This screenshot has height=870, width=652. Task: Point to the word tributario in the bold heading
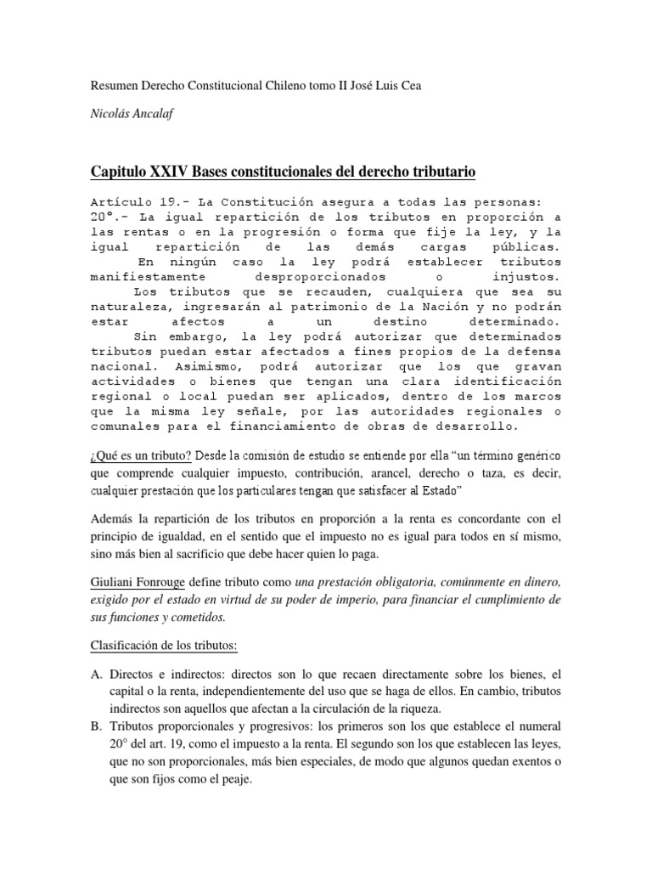point(434,173)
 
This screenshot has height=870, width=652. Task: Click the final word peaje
point(234,778)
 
